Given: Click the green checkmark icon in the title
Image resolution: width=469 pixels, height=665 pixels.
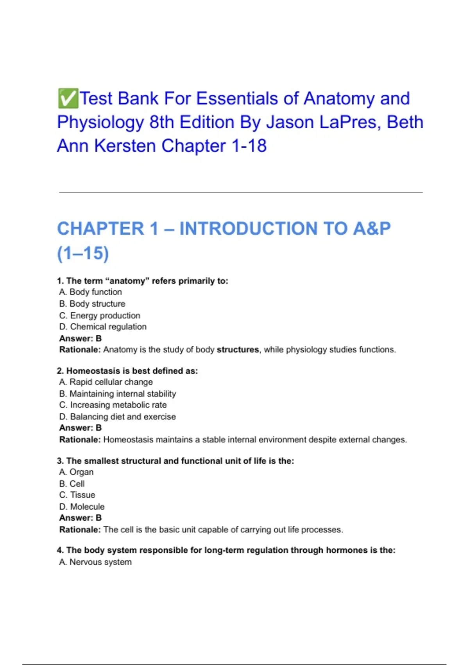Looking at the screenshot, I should click(68, 98).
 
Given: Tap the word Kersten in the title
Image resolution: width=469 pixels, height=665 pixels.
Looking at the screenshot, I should click(125, 146).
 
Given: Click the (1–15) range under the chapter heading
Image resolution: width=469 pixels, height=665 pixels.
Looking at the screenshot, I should click(83, 253).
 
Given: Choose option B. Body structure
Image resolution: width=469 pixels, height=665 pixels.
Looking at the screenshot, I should click(92, 304).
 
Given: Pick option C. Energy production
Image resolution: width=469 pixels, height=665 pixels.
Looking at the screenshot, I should click(100, 315).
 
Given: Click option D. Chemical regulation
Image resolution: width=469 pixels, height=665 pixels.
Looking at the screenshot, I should click(103, 327).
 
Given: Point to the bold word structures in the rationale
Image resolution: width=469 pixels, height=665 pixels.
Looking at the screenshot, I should click(238, 349).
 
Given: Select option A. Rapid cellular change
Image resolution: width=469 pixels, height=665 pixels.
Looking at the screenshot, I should click(106, 382).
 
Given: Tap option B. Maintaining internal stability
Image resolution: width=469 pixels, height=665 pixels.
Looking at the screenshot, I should click(118, 394).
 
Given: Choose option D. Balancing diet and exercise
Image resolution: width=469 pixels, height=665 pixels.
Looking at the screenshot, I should click(117, 417).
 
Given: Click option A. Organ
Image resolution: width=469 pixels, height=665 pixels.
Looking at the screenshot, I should click(76, 472).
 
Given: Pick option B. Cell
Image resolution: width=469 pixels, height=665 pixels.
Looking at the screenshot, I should click(72, 483).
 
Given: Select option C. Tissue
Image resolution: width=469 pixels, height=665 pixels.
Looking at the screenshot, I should click(77, 495).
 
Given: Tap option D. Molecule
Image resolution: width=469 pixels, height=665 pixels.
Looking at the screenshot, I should click(82, 507).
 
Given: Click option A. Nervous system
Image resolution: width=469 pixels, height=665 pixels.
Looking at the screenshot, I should click(95, 562).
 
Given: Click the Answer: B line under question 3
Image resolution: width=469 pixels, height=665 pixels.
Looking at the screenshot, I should click(81, 518).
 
